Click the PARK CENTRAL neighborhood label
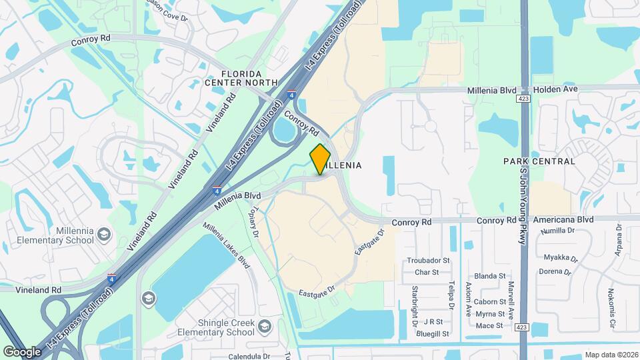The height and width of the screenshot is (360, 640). click(x=539, y=161)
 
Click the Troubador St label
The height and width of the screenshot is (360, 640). click(x=429, y=261)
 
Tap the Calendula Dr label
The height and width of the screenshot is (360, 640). click(x=249, y=356)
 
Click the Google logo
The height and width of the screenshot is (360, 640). click(x=22, y=351)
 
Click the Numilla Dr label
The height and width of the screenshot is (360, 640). click(x=557, y=231)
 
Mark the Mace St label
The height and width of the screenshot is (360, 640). click(x=489, y=325)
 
